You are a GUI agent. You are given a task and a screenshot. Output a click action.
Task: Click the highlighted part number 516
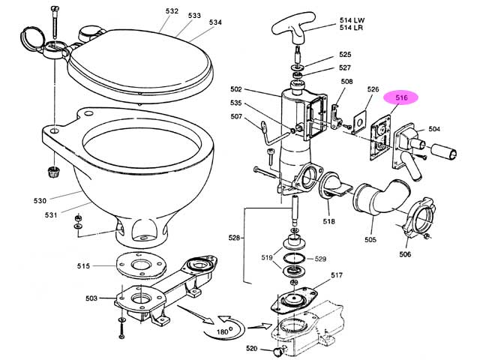401,98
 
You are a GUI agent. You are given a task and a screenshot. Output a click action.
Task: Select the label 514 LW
353,19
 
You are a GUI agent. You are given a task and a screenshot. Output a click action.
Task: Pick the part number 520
252,349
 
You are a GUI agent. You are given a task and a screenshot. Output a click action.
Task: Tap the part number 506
405,255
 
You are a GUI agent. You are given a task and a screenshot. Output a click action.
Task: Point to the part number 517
335,275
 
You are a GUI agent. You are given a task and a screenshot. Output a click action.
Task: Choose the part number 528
234,238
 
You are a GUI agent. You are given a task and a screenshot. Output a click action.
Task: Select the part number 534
216,23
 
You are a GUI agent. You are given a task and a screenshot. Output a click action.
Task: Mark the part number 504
435,130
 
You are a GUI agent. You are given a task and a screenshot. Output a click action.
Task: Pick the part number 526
372,90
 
